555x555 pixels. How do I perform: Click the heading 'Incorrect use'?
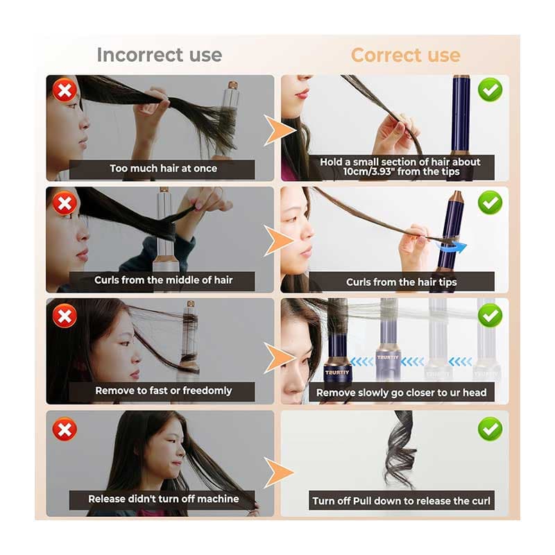(x=160, y=55)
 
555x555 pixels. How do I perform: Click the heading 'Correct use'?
(x=406, y=55)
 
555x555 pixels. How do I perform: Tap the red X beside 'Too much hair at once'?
(x=65, y=90)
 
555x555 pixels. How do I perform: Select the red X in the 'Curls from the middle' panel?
(x=65, y=203)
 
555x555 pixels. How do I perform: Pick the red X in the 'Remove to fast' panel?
(x=65, y=316)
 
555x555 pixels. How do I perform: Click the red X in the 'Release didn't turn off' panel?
(x=65, y=429)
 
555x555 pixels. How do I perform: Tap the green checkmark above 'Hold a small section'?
(x=490, y=90)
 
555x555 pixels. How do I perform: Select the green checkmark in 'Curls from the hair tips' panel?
(x=490, y=203)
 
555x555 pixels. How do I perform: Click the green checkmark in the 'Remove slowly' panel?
(x=490, y=316)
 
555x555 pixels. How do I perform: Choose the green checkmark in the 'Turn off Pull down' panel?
(x=490, y=429)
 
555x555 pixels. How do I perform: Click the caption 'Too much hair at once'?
(x=163, y=169)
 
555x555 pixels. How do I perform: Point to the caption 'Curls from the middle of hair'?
(x=163, y=280)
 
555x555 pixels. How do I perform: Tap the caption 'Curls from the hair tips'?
(x=402, y=282)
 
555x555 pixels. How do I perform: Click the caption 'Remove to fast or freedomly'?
(x=163, y=391)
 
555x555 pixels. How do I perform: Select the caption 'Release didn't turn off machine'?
(x=163, y=499)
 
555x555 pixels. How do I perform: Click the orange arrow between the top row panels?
(x=280, y=130)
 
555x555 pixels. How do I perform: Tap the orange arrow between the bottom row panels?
(x=280, y=472)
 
